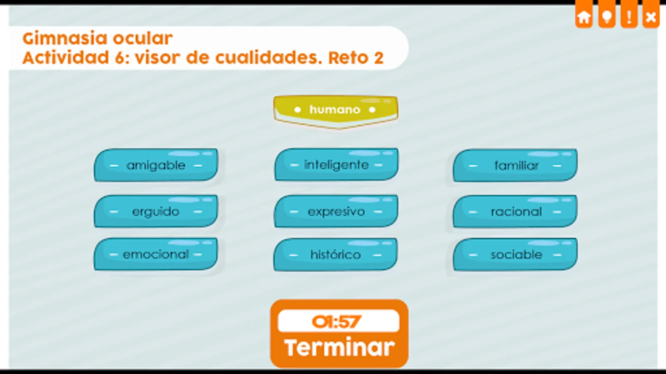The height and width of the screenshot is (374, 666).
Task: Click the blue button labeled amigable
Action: click(x=156, y=165)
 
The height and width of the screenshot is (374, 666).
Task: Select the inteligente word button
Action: click(x=336, y=165)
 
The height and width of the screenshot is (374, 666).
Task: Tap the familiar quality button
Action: click(x=515, y=165)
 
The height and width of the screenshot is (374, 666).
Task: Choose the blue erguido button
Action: click(x=156, y=212)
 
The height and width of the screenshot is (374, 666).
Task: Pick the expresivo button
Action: click(x=336, y=212)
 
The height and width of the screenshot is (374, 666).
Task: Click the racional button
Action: click(x=515, y=212)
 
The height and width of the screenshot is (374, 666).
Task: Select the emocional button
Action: click(x=156, y=254)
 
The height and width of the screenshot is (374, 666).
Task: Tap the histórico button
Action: click(x=335, y=255)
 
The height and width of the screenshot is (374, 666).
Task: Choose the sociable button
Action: click(x=515, y=255)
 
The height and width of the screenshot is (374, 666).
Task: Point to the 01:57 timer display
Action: click(x=338, y=321)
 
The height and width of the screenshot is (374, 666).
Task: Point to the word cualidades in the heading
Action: click(x=269, y=57)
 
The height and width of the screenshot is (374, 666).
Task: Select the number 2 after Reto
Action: click(x=379, y=58)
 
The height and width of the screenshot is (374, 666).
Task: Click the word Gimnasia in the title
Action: click(x=65, y=38)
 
